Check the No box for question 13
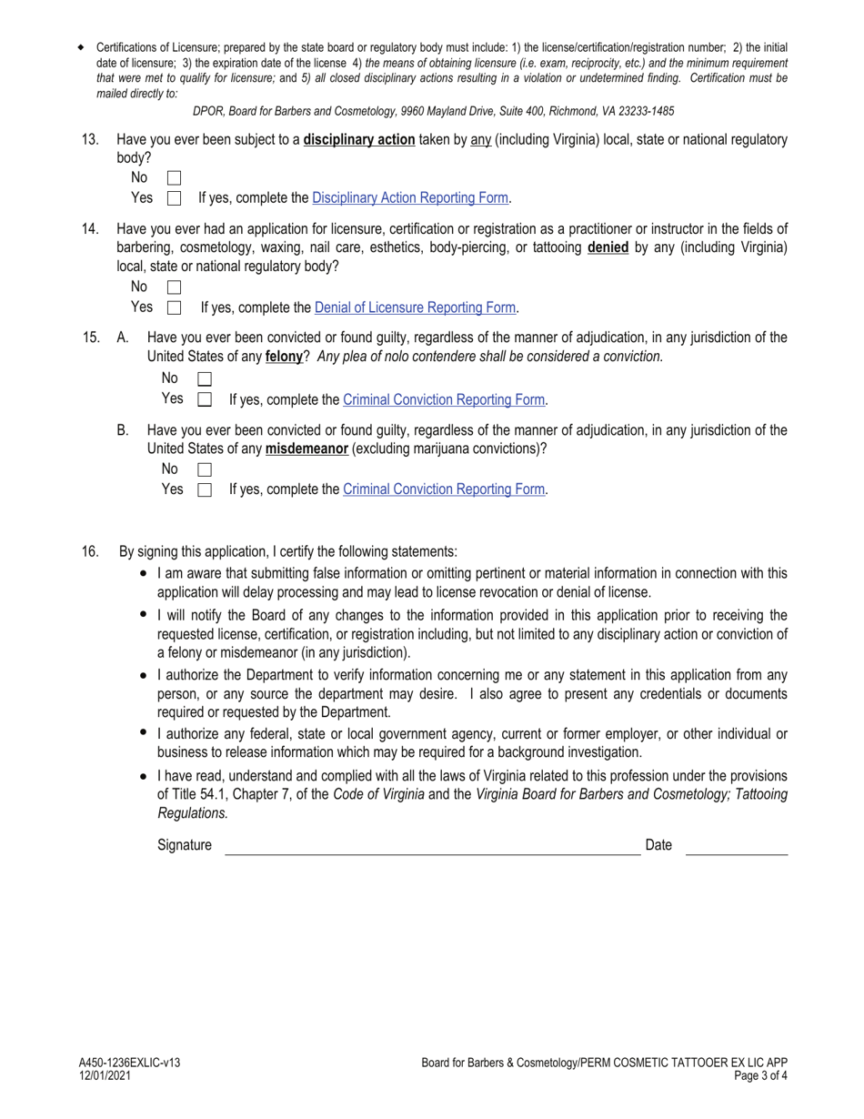[175, 178]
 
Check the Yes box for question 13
[175, 197]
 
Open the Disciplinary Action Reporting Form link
[411, 197]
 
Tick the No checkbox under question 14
[175, 287]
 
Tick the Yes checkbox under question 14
[175, 307]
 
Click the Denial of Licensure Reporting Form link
[415, 307]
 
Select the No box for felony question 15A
[205, 378]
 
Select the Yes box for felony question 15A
[205, 398]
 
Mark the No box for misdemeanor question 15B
[205, 469]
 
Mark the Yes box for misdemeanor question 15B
[205, 489]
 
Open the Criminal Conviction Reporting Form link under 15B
[444, 489]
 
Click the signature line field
[432, 846]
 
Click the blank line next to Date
[736, 846]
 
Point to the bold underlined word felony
[284, 357]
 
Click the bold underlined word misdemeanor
[306, 449]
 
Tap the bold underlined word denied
[608, 247]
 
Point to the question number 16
[90, 551]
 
